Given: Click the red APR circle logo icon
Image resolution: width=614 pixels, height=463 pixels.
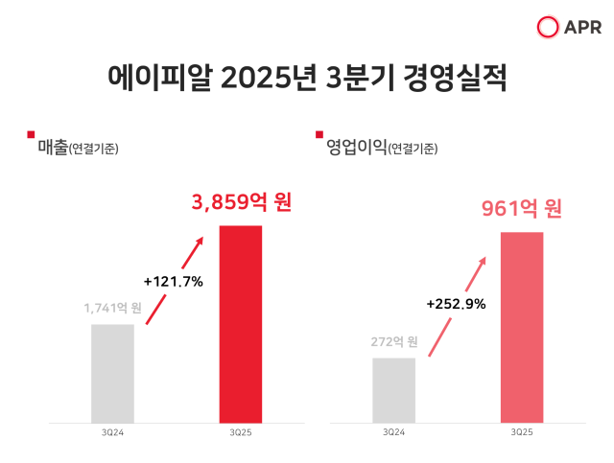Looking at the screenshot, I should tap(549, 28).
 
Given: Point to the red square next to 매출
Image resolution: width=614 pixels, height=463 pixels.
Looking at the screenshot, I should tap(32, 134).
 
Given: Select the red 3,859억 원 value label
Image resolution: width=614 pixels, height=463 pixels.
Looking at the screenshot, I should tap(241, 203).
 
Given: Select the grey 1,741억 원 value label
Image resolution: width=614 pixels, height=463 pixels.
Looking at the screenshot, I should tap(113, 309).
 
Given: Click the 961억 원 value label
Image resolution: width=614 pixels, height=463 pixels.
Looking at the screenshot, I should tap(522, 208).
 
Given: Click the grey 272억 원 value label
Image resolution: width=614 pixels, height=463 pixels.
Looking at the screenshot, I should tap(393, 342).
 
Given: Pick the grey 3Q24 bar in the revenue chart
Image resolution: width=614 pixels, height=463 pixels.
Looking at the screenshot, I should tap(113, 373).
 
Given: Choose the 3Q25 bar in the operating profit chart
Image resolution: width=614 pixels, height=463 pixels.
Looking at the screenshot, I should tap(522, 327).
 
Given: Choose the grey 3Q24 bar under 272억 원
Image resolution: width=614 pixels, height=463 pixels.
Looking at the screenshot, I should tap(393, 390).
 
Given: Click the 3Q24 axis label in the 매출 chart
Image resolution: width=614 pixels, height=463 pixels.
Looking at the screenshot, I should tap(113, 432).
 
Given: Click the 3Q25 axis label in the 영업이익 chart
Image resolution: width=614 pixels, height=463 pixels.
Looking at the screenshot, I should tap(522, 432).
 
